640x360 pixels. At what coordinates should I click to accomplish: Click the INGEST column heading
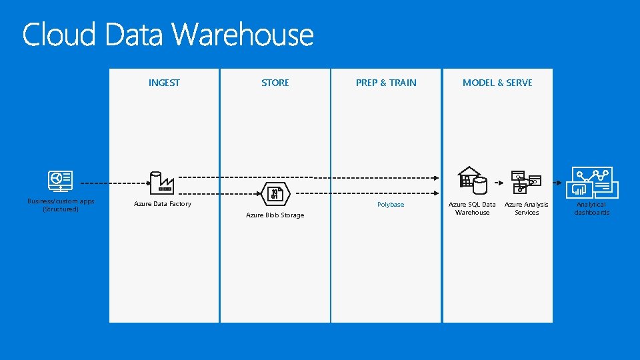click(x=164, y=83)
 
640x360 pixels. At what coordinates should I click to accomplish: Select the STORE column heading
click(x=275, y=83)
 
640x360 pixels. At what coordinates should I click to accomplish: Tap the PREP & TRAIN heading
click(x=386, y=83)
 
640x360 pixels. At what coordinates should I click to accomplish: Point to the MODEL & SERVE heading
click(x=497, y=83)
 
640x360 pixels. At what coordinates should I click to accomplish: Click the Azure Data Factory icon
click(x=161, y=181)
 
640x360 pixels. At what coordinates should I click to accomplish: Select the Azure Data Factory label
click(x=163, y=204)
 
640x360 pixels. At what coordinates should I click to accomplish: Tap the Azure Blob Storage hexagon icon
click(x=275, y=194)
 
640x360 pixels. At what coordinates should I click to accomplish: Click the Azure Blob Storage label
click(x=275, y=215)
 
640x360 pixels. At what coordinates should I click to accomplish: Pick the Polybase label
click(x=391, y=205)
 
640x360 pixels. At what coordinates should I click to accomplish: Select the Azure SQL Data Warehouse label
click(x=472, y=208)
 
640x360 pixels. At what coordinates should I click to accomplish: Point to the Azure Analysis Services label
click(x=527, y=208)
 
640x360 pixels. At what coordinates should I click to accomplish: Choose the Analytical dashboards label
click(x=592, y=208)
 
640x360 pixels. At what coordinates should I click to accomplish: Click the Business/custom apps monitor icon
click(x=61, y=181)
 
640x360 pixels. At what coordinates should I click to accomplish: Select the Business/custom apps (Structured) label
click(x=61, y=205)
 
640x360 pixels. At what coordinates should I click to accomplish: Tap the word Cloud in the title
click(x=59, y=35)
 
